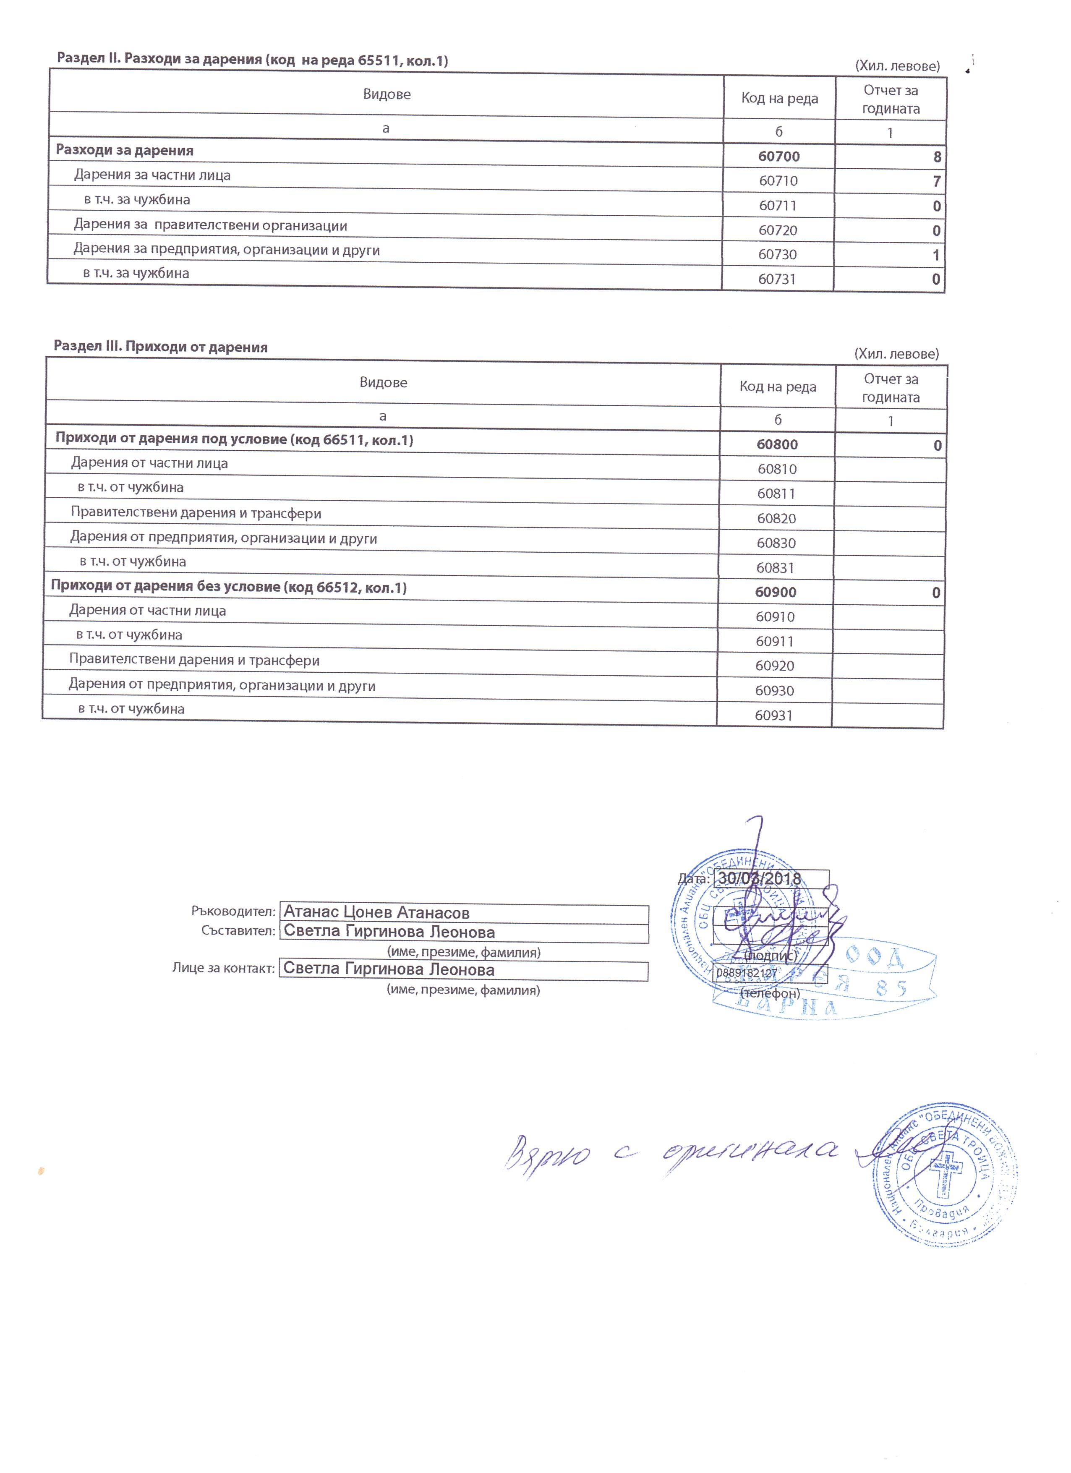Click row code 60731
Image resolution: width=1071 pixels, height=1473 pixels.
click(777, 279)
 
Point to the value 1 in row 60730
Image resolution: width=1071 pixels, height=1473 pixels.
click(936, 255)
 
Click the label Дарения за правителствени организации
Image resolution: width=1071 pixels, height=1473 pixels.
click(210, 225)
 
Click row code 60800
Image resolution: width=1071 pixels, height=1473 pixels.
click(777, 445)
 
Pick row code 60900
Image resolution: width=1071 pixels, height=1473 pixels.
click(776, 592)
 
